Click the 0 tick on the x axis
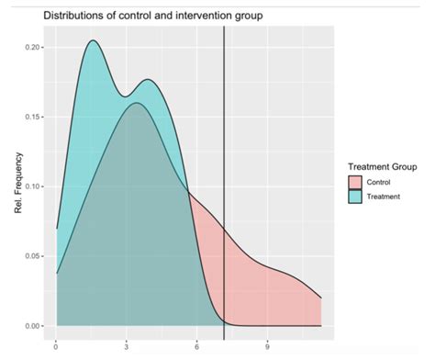[x=57, y=346]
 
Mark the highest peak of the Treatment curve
[x=93, y=40]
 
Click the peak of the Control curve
[x=136, y=103]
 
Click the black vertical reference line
[x=224, y=184]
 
